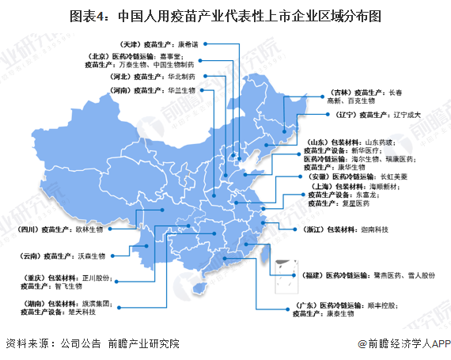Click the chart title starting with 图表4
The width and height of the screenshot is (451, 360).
click(225, 16)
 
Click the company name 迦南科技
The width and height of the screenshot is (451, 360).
click(373, 229)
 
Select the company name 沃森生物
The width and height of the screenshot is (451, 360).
click(94, 256)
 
